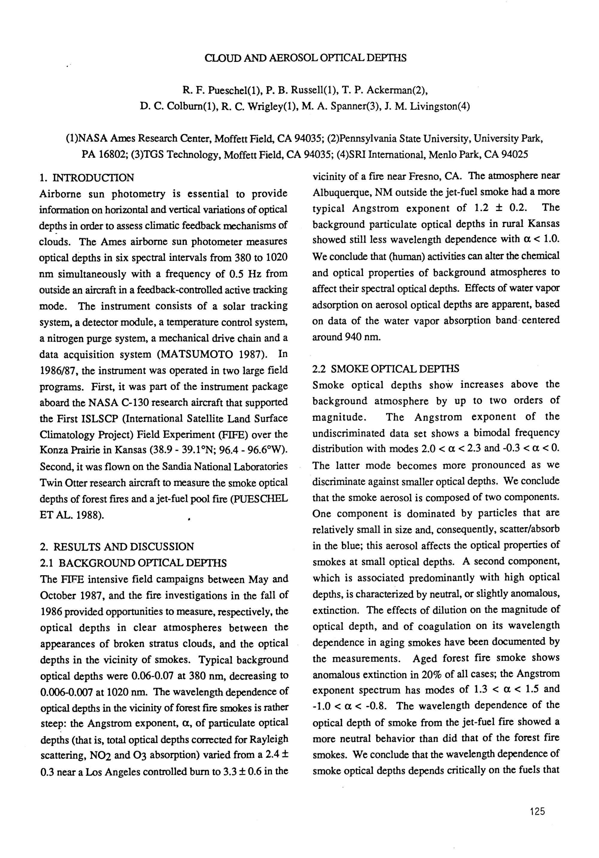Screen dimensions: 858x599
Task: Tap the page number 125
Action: tap(537, 811)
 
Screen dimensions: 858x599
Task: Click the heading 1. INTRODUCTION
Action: tap(87, 177)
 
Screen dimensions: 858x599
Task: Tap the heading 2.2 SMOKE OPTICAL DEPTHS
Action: tap(385, 369)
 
